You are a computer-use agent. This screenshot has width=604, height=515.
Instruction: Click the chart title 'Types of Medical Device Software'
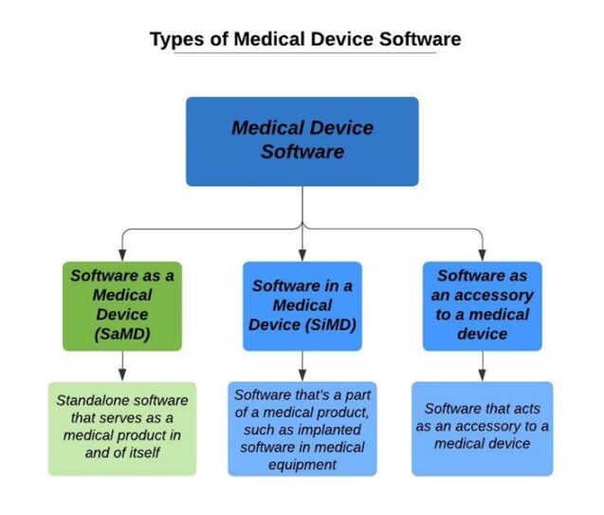(x=305, y=40)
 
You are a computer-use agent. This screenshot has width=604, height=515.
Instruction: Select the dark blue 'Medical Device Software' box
(x=302, y=140)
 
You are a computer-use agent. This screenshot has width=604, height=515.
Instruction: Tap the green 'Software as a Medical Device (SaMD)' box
(x=121, y=304)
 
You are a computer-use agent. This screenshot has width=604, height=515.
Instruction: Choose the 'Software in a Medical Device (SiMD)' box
(x=302, y=304)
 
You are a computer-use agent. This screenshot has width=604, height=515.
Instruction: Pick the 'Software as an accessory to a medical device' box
(x=482, y=304)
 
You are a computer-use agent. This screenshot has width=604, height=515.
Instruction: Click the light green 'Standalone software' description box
(x=121, y=428)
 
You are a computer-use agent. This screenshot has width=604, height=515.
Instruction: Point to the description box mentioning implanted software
(x=302, y=428)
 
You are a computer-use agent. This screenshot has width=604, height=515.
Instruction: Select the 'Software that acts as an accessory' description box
(x=482, y=428)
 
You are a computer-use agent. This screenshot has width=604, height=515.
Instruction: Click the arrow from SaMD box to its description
(x=121, y=365)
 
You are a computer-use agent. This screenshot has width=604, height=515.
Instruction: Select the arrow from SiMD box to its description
(x=302, y=365)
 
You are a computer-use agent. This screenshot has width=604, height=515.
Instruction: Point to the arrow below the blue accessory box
(x=482, y=365)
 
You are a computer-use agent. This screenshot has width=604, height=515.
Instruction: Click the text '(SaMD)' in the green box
(x=121, y=334)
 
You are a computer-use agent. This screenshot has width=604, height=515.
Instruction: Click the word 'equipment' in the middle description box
(x=302, y=465)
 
